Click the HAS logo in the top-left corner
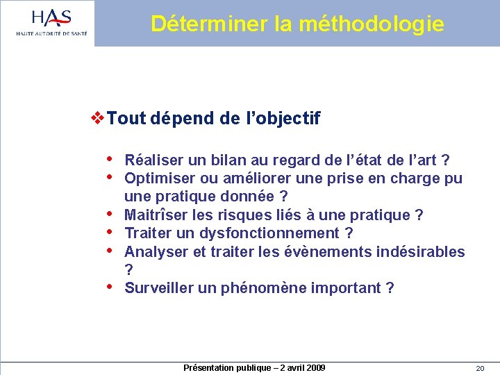click(52, 22)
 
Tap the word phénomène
click(263, 287)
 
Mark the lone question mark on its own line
click(128, 269)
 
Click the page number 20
click(480, 368)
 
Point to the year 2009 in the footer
click(314, 367)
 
